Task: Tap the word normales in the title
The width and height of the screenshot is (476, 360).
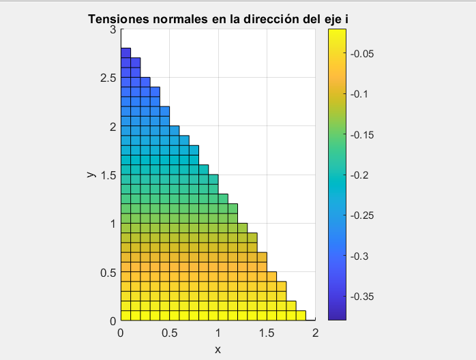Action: [x=175, y=18]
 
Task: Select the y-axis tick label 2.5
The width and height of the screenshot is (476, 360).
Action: [x=108, y=78]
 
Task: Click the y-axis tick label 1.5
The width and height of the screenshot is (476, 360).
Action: [x=108, y=175]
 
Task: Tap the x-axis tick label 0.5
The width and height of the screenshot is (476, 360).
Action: [x=170, y=333]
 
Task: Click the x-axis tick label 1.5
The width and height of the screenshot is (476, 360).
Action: [x=267, y=333]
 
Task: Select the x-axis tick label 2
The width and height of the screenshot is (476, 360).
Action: [x=315, y=333]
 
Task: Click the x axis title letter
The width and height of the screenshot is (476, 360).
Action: [x=218, y=349]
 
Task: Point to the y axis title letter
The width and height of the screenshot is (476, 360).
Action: [x=91, y=175]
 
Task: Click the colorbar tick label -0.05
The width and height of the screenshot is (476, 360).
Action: [x=362, y=54]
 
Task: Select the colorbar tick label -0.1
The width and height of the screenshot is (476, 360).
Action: [x=360, y=94]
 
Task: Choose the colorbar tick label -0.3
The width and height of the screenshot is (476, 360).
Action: [x=360, y=256]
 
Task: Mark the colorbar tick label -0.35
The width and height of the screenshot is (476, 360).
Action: [x=362, y=297]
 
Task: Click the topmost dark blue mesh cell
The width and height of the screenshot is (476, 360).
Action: [x=125, y=53]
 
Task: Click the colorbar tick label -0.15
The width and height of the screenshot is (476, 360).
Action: [x=362, y=135]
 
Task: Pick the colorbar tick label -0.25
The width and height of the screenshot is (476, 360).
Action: [x=362, y=216]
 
